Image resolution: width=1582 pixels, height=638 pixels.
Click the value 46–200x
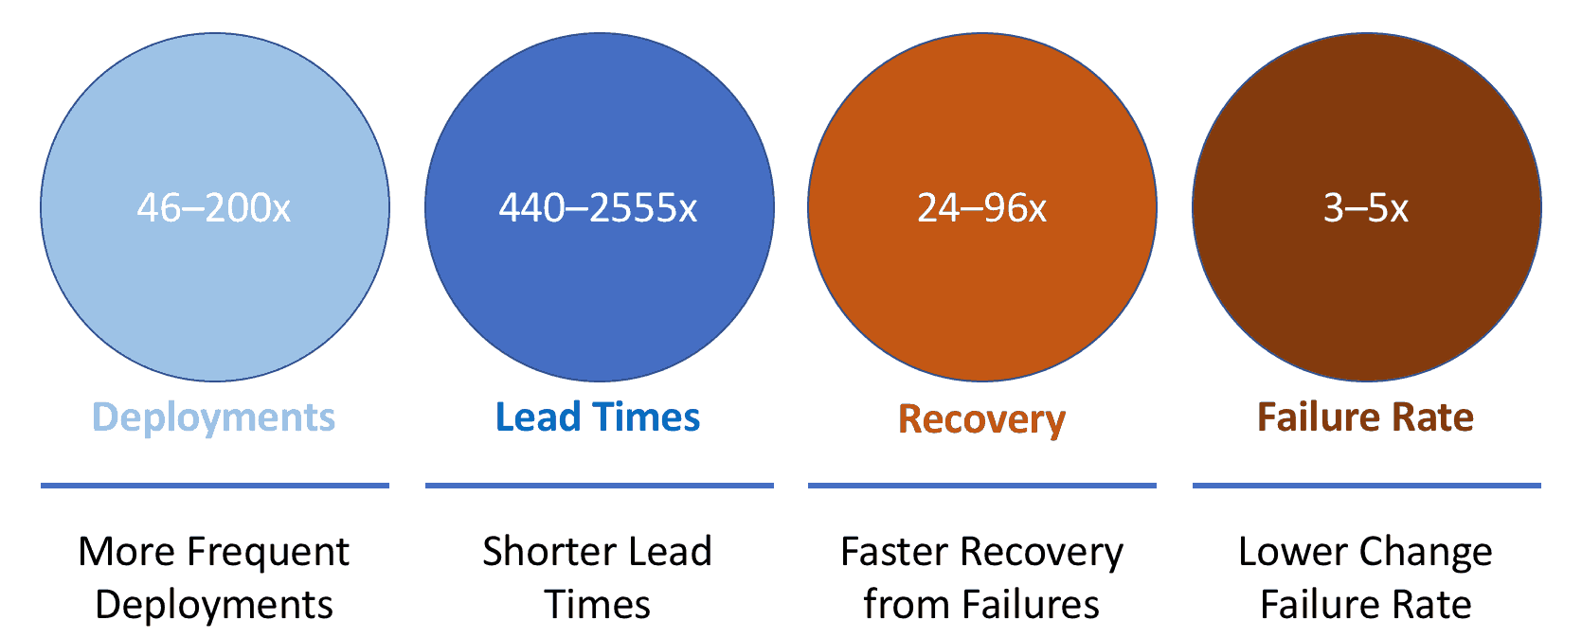point(214,208)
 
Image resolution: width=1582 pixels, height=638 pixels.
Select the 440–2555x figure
point(598,208)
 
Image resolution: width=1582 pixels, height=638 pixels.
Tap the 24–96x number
point(981,208)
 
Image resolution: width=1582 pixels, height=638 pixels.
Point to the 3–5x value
point(1366,208)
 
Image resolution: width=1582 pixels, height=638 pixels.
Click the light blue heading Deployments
point(214,417)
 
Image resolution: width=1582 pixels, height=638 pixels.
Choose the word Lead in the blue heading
point(538,416)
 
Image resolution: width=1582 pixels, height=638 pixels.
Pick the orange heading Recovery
point(981,420)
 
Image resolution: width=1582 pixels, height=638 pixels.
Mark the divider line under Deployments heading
point(215,486)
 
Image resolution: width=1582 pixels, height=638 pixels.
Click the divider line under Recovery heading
point(981,486)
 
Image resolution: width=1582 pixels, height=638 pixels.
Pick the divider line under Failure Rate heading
point(1367,486)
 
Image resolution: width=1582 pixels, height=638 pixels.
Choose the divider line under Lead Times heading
point(600,486)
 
